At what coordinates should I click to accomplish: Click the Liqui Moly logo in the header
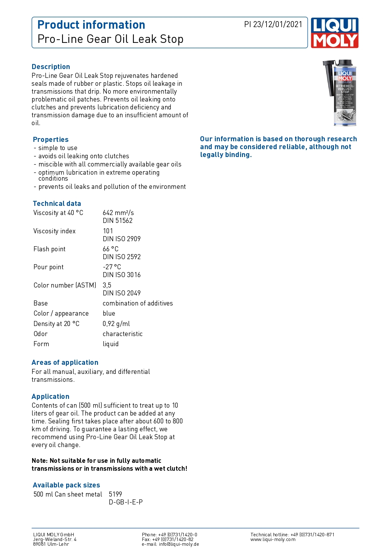click(334, 33)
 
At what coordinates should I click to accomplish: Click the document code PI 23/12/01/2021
click(273, 25)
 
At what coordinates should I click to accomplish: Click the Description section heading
click(51, 67)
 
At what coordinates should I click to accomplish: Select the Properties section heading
click(51, 140)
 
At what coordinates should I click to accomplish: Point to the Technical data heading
click(57, 204)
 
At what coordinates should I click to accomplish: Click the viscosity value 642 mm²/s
click(118, 213)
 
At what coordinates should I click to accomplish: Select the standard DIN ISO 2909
click(122, 239)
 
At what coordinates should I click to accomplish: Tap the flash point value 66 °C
click(111, 249)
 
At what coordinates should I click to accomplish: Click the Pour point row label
click(49, 267)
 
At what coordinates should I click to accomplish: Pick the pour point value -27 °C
click(112, 267)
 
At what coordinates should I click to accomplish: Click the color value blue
click(109, 313)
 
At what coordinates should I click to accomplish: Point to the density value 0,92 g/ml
click(116, 324)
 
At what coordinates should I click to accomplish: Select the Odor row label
click(41, 334)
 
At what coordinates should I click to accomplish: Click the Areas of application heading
click(65, 363)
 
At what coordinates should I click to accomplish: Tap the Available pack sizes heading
click(66, 485)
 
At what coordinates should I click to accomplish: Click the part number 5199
click(115, 494)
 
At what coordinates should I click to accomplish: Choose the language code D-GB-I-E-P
click(126, 502)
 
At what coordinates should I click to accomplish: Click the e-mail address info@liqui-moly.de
click(179, 544)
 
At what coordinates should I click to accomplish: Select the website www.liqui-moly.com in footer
click(273, 539)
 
